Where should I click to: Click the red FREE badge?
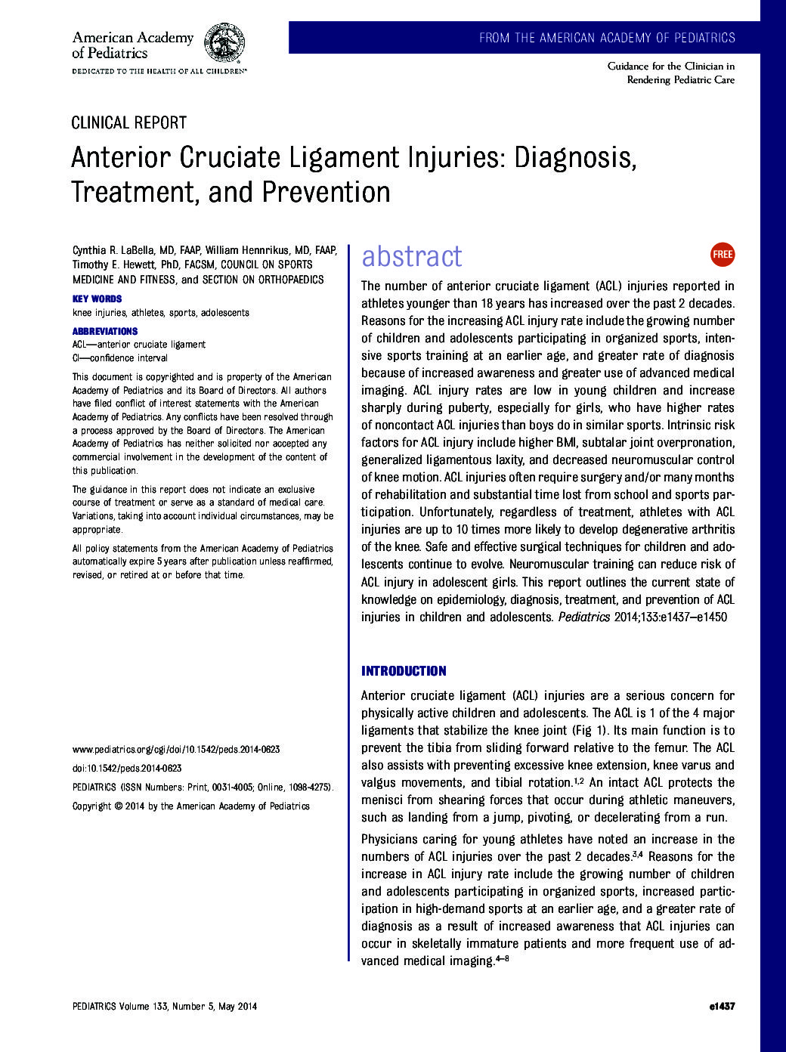pyautogui.click(x=723, y=255)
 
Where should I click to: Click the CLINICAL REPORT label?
pyautogui.click(x=128, y=123)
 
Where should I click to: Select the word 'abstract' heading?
pyautogui.click(x=411, y=256)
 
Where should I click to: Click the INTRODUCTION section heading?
pyautogui.click(x=404, y=671)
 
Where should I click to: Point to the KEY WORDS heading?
pyautogui.click(x=97, y=299)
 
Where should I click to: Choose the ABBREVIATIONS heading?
pyautogui.click(x=105, y=331)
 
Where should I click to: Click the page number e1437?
pyautogui.click(x=723, y=1007)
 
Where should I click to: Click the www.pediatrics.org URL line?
pyautogui.click(x=176, y=750)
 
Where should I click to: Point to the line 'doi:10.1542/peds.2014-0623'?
pyautogui.click(x=127, y=769)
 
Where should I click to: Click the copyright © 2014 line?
pyautogui.click(x=191, y=806)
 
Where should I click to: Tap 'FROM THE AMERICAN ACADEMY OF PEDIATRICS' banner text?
pyautogui.click(x=607, y=38)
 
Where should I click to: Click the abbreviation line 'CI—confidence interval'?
pyautogui.click(x=120, y=358)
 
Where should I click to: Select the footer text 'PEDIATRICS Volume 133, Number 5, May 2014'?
pyautogui.click(x=165, y=1007)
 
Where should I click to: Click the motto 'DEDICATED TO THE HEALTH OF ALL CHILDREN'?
pyautogui.click(x=159, y=71)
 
